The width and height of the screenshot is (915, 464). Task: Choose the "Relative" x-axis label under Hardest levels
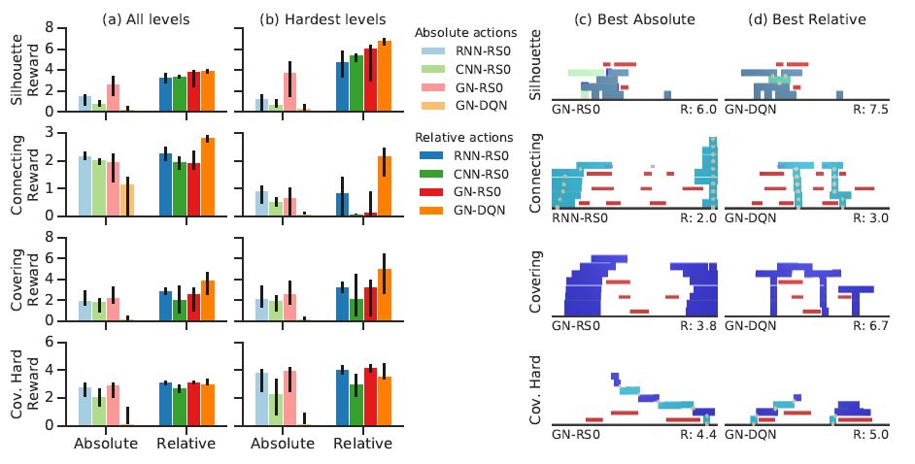click(362, 444)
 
